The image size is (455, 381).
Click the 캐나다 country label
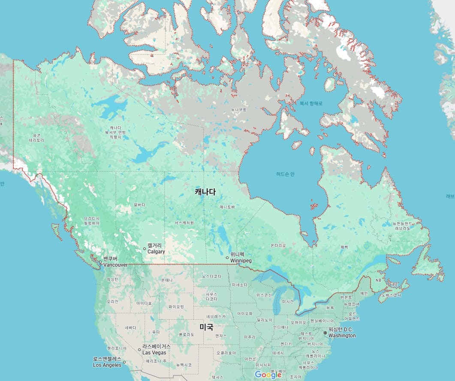click(205, 192)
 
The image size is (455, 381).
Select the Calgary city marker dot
click(145, 249)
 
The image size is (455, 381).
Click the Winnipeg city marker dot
click(227, 257)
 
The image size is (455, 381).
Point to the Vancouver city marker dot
click(100, 262)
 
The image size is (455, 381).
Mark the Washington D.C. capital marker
click(325, 333)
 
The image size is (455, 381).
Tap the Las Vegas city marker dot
click(139, 349)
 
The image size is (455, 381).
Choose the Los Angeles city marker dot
click(124, 362)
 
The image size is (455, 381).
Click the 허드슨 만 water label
click(286, 174)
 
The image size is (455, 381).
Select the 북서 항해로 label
click(311, 104)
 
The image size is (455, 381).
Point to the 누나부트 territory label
click(239, 110)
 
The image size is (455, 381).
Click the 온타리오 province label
click(278, 245)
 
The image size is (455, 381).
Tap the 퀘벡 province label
click(344, 247)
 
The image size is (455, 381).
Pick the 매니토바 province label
click(227, 207)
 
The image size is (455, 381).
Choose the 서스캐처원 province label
click(184, 223)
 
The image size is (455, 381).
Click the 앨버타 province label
click(139, 205)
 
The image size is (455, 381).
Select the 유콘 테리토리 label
click(37, 137)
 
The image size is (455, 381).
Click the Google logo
click(268, 375)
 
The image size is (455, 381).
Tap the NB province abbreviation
click(378, 280)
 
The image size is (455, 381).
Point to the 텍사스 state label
click(217, 377)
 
